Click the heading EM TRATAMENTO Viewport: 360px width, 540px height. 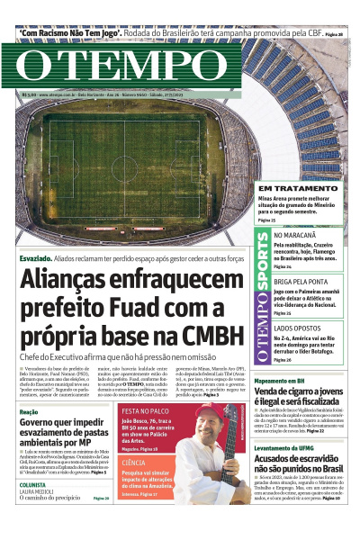tap(274, 187)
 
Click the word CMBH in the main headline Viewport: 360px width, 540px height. tap(207, 336)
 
